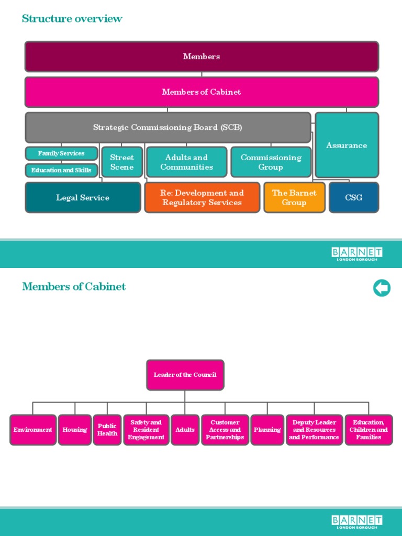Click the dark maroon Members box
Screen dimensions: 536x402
click(x=202, y=57)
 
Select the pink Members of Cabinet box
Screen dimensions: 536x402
click(x=202, y=92)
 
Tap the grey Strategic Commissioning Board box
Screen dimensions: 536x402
click(x=167, y=127)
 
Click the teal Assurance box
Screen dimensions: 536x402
click(x=347, y=145)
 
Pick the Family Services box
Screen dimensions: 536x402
click(x=61, y=153)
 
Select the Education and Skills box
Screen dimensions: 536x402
click(x=61, y=170)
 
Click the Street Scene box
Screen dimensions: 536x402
click(x=122, y=162)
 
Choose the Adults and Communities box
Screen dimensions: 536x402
click(x=186, y=162)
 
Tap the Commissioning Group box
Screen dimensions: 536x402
click(x=271, y=162)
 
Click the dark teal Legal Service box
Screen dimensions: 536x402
click(x=83, y=197)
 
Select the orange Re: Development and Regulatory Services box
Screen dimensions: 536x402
click(x=202, y=197)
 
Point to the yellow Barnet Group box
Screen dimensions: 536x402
click(x=294, y=197)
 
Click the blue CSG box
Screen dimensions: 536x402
click(x=354, y=197)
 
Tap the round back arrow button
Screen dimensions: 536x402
click(x=382, y=288)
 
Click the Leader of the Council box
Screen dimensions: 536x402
click(x=185, y=375)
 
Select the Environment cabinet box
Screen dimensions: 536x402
click(x=33, y=430)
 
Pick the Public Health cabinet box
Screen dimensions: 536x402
click(x=107, y=430)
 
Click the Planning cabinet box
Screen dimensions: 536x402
click(x=267, y=430)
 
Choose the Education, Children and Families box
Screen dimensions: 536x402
click(x=368, y=430)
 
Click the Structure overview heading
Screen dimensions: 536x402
click(x=72, y=19)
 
